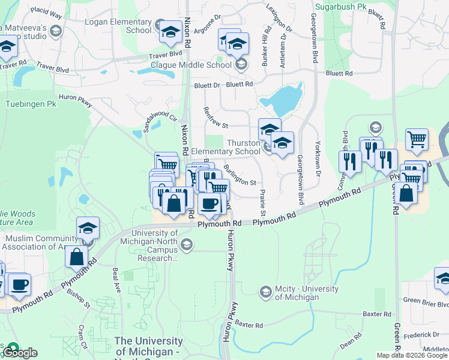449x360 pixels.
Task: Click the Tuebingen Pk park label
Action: [x=31, y=104]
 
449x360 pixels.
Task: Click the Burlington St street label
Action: [x=240, y=174]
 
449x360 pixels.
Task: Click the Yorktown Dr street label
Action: [x=318, y=158]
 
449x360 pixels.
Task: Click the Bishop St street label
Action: [x=79, y=298]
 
